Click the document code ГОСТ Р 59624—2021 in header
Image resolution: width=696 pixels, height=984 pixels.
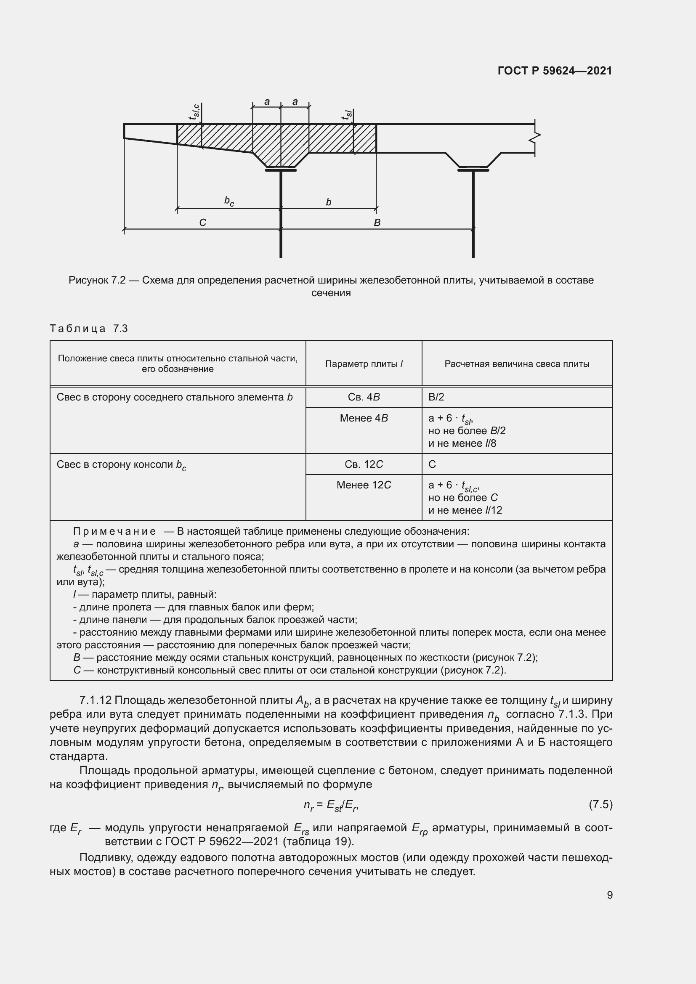pos(555,71)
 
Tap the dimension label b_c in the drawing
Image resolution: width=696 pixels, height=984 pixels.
pos(229,201)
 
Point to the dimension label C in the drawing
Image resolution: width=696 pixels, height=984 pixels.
pos(203,223)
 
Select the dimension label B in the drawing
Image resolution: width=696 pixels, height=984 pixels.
pos(377,223)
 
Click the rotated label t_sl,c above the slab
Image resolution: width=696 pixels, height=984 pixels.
pos(194,111)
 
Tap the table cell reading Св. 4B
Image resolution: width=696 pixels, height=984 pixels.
pos(364,397)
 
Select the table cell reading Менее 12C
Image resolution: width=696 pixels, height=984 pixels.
pos(364,485)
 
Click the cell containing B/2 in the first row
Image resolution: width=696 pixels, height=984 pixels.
pos(436,397)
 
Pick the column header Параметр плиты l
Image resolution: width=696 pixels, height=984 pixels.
pos(364,364)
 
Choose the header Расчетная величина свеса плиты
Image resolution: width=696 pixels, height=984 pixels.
pos(517,364)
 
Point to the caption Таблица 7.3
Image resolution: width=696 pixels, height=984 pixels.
pos(89,329)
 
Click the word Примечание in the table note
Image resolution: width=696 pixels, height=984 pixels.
pos(114,531)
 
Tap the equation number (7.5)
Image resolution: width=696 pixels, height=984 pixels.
pos(600,804)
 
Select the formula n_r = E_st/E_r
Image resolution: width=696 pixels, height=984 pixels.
pos(331,805)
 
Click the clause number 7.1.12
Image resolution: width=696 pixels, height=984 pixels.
pos(96,700)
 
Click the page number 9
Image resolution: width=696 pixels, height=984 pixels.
pos(609,895)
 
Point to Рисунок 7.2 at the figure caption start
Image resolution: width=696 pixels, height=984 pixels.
pos(97,280)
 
